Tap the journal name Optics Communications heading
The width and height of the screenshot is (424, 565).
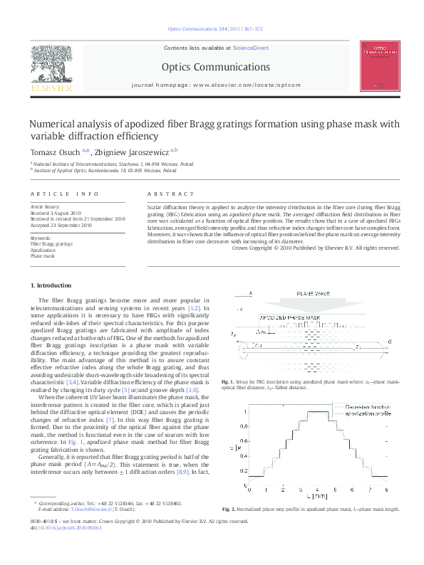215,68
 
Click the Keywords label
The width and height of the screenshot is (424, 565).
41,238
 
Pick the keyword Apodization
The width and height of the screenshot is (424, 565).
43,250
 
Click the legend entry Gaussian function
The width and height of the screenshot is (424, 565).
357,406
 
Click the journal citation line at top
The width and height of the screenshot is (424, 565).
215,30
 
